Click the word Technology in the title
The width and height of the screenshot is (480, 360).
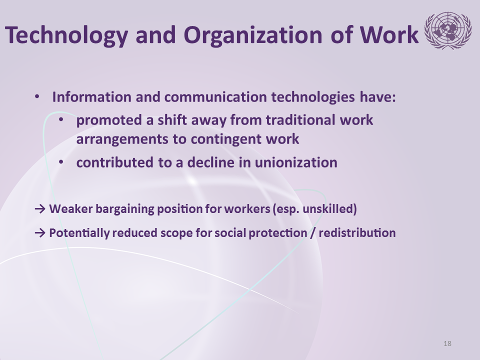click(x=66, y=35)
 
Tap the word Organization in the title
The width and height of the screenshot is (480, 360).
click(x=253, y=35)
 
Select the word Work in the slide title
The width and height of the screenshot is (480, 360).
click(x=389, y=34)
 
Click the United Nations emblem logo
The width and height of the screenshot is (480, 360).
click(x=447, y=30)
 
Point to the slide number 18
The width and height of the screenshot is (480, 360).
click(x=447, y=343)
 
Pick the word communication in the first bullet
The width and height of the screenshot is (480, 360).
click(x=215, y=97)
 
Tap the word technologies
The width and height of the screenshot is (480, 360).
click(x=313, y=97)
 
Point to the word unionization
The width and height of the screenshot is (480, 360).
click(x=296, y=162)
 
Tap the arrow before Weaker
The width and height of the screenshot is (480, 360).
click(x=40, y=209)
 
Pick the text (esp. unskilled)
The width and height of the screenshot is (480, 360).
click(x=314, y=209)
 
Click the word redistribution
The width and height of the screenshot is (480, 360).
click(x=357, y=233)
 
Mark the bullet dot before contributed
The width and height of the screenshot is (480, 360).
click(x=61, y=162)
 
